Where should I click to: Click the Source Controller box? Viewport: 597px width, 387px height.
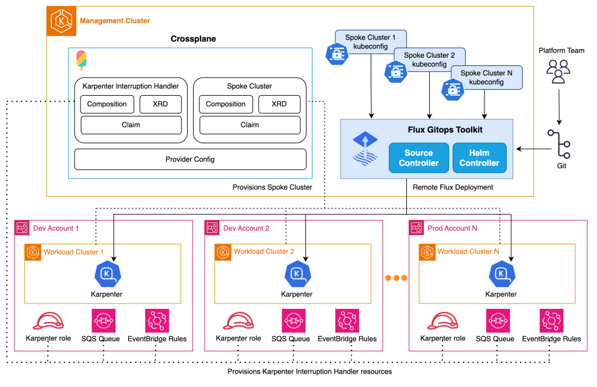tap(419, 158)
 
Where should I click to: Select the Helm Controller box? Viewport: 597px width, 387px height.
tap(479, 158)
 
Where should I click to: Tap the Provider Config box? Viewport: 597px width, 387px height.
tap(190, 159)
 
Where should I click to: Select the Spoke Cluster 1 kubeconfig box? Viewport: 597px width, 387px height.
tap(370, 42)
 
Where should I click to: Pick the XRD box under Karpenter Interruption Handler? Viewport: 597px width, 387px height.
tap(161, 104)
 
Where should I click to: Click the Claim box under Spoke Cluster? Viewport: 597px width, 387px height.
tap(250, 125)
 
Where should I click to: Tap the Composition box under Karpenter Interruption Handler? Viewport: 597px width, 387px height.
tap(107, 104)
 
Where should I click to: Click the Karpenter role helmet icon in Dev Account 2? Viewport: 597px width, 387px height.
tap(238, 320)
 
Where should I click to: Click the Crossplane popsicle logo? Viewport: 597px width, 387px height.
tap(81, 60)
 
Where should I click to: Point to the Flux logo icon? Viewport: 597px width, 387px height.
tap(365, 149)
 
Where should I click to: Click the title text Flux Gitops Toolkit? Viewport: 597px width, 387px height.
tap(445, 130)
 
